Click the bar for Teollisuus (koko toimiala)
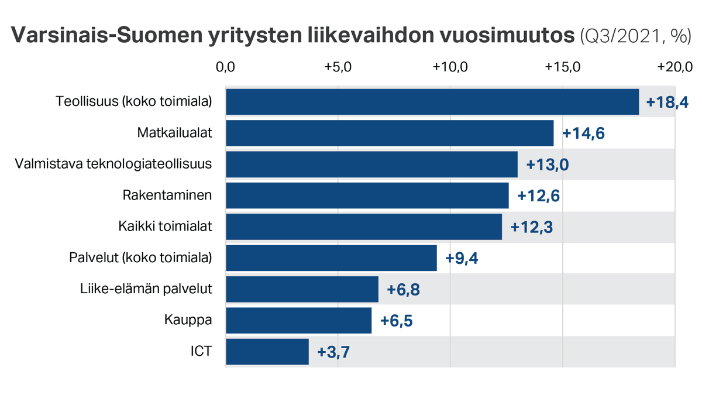(432, 102)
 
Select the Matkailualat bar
(389, 133)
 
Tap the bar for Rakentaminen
(367, 195)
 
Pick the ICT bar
(267, 352)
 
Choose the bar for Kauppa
(298, 321)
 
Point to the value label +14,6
(583, 134)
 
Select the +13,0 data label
(548, 165)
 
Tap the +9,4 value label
(462, 259)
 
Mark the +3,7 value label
(333, 352)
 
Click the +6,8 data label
(404, 290)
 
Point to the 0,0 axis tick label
(225, 67)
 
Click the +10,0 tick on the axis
(450, 67)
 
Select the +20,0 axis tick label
(675, 67)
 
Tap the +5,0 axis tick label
(338, 67)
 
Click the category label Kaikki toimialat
(165, 226)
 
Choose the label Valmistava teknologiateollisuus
(113, 164)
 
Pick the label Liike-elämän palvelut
(146, 289)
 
